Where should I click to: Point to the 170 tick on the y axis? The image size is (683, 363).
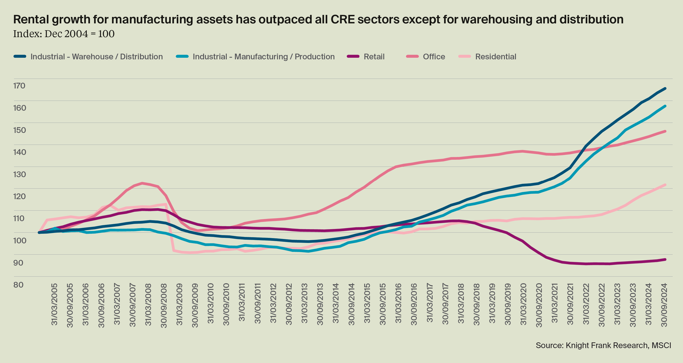pos(19,86)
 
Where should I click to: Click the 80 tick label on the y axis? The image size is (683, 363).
pos(18,285)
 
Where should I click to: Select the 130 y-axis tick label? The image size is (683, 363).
pos(19,174)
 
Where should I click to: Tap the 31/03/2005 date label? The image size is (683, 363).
pos(54,305)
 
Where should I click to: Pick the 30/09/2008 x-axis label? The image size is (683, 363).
pos(164,305)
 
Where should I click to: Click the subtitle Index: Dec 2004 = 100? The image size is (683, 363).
pos(64,34)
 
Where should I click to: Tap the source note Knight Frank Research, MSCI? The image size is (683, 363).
pos(603,346)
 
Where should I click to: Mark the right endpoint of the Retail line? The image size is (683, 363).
pos(665,259)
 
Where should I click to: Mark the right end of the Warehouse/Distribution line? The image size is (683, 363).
pos(665,88)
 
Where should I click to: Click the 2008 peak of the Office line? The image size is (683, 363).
pos(142,183)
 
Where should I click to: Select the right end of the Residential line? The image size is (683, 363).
pos(665,185)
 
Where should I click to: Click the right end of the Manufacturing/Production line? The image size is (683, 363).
pos(665,106)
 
